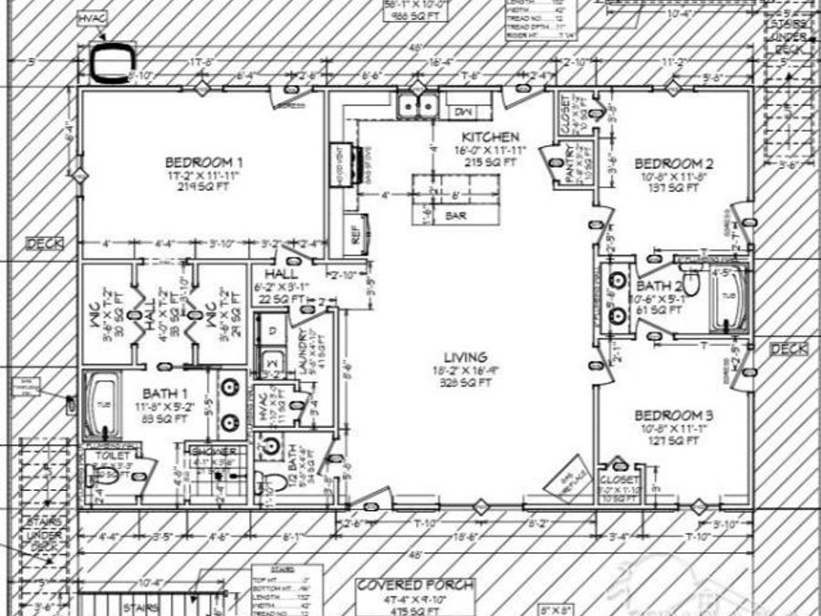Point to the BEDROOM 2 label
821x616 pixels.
pos(674,163)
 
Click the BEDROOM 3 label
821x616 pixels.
pos(674,415)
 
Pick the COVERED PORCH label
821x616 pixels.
pos(415,585)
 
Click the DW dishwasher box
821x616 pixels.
pos(462,110)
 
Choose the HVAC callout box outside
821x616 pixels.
pos(91,18)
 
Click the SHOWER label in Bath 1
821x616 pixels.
pos(214,452)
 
